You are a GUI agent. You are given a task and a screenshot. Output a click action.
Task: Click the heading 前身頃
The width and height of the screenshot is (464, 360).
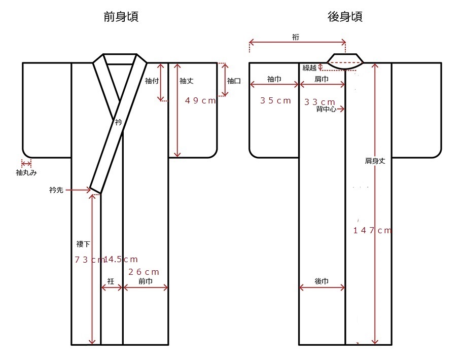(x=121, y=17)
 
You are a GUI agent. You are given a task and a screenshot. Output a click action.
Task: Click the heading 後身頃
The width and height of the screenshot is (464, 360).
(x=345, y=17)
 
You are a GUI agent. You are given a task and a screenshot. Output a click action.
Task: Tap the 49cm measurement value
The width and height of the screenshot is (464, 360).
(x=200, y=100)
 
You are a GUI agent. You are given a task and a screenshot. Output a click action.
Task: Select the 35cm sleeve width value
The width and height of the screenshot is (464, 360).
(x=275, y=100)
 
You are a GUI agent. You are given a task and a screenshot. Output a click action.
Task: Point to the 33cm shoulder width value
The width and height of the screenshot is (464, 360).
(x=319, y=101)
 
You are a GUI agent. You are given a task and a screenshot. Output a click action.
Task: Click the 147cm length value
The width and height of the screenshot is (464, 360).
(x=373, y=230)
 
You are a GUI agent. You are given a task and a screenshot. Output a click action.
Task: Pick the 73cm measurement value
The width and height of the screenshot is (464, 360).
(x=88, y=260)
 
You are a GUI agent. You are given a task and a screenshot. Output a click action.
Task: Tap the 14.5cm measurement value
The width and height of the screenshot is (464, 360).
(x=121, y=259)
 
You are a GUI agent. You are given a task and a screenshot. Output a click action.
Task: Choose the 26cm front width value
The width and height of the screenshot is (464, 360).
(x=145, y=272)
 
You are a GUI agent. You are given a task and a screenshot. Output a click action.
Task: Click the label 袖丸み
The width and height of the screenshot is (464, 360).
(x=26, y=172)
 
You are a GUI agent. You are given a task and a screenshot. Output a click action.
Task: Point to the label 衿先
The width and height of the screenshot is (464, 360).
(x=56, y=191)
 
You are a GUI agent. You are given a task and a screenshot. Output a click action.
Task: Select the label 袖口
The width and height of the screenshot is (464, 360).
(x=234, y=80)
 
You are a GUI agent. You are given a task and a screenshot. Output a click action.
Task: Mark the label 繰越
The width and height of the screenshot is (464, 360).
(x=310, y=68)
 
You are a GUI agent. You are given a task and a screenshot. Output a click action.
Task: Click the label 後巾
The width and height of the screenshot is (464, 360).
(x=322, y=281)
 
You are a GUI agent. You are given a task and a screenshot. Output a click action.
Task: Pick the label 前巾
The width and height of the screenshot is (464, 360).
(x=146, y=281)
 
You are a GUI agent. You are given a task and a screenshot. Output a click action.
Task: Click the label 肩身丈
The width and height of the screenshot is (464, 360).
(x=375, y=161)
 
